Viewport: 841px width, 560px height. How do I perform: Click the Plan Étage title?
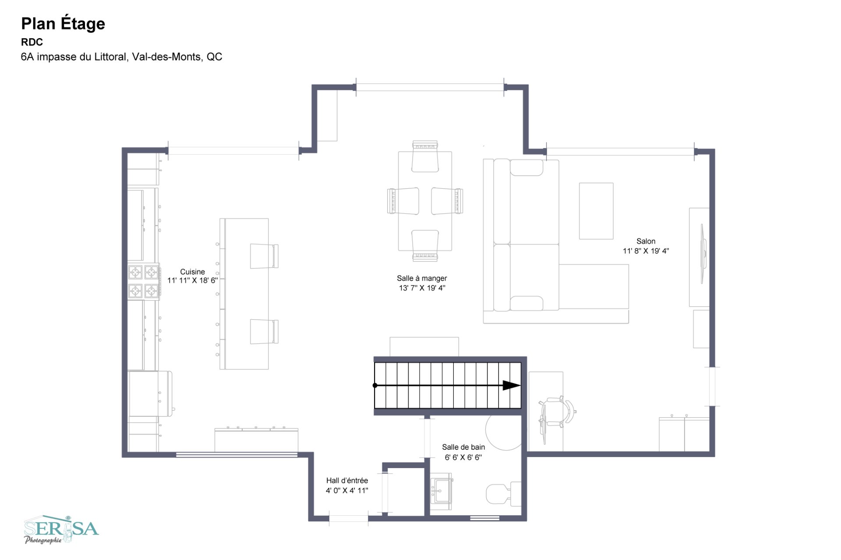pyautogui.click(x=63, y=24)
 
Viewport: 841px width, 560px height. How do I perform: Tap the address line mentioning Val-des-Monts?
pyautogui.click(x=121, y=57)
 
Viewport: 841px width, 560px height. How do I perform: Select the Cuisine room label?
pyautogui.click(x=192, y=271)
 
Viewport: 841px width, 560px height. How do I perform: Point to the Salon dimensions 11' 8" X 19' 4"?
pyautogui.click(x=646, y=251)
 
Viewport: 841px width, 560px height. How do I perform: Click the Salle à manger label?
pyautogui.click(x=422, y=278)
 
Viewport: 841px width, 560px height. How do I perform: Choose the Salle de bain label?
pyautogui.click(x=463, y=447)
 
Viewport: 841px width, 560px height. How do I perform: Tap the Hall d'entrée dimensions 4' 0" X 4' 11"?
pyautogui.click(x=347, y=490)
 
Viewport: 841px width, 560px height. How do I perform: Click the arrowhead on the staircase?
pyautogui.click(x=511, y=385)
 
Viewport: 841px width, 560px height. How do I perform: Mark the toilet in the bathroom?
pyautogui.click(x=503, y=493)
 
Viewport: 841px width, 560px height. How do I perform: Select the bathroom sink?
pyautogui.click(x=441, y=491)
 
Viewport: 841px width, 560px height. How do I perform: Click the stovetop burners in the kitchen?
pyautogui.click(x=144, y=282)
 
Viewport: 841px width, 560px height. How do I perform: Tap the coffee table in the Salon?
pyautogui.click(x=596, y=211)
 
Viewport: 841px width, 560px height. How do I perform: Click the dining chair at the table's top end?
pyautogui.click(x=425, y=156)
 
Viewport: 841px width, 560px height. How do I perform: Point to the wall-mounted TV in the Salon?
pyautogui.click(x=703, y=254)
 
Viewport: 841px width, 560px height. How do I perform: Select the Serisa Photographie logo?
pyautogui.click(x=61, y=530)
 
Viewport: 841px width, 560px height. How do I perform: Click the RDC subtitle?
pyautogui.click(x=32, y=42)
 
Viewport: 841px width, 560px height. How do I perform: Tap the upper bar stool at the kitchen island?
pyautogui.click(x=264, y=256)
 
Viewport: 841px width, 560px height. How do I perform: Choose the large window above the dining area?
pyautogui.click(x=430, y=87)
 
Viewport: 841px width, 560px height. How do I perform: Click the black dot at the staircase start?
pyautogui.click(x=375, y=385)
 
